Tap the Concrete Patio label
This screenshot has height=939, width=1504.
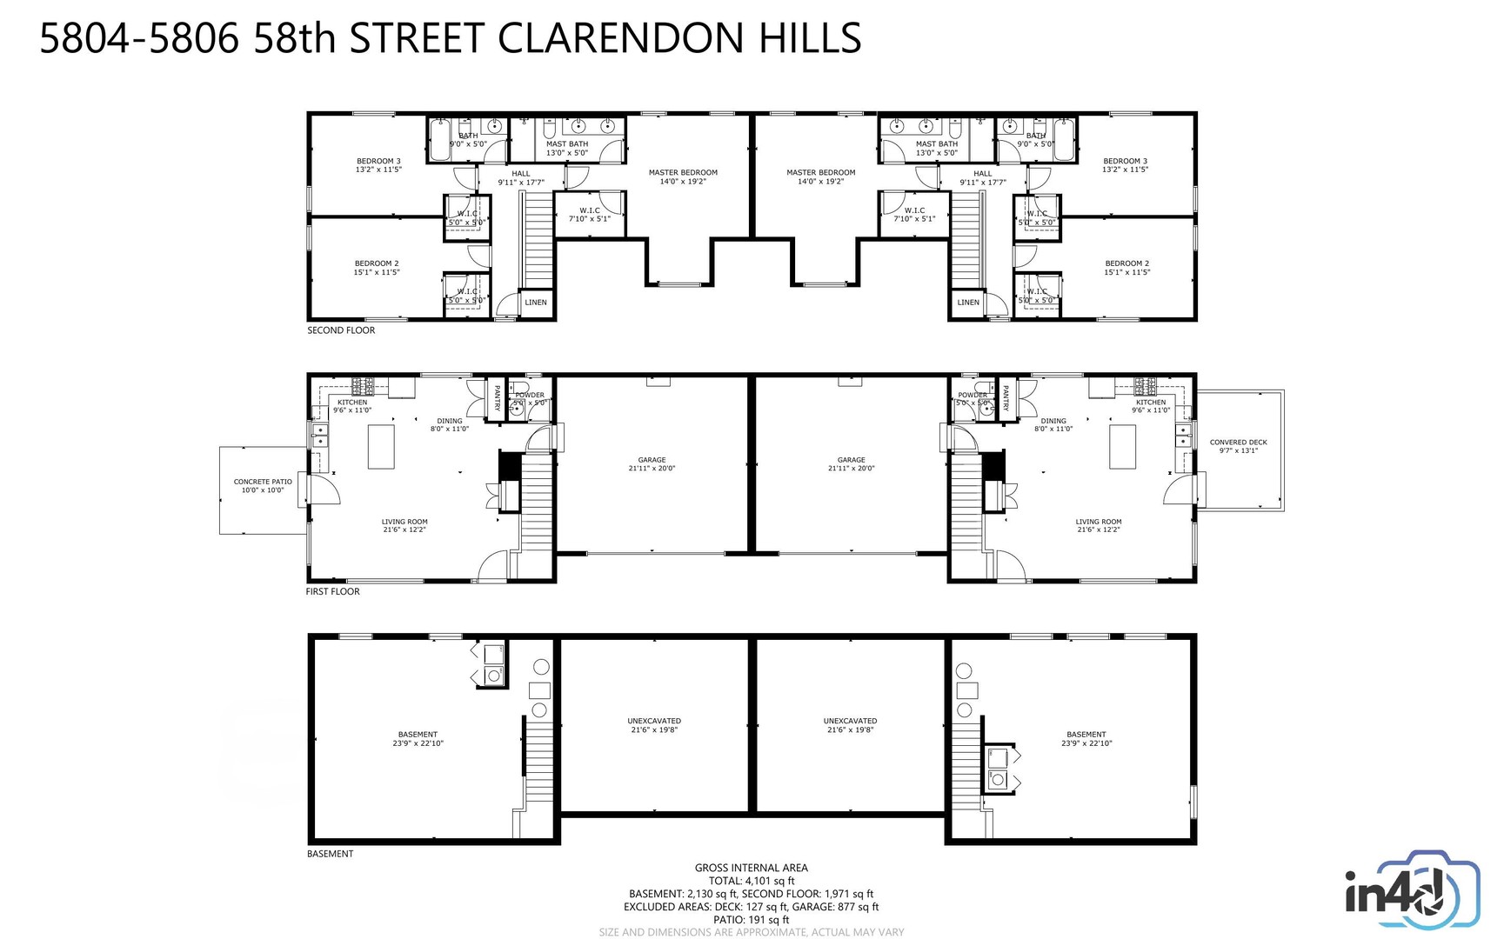click(263, 482)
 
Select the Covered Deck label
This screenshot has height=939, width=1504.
click(1238, 443)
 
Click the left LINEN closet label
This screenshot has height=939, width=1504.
click(536, 303)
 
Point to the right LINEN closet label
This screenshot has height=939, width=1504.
click(968, 303)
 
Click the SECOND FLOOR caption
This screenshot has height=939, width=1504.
click(341, 330)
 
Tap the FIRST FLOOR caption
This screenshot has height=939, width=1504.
click(332, 592)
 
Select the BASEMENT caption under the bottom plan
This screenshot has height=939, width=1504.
click(330, 854)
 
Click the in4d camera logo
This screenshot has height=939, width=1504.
click(1412, 894)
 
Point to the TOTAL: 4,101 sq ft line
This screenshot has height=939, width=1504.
click(751, 881)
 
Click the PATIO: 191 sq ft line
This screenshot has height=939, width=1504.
click(751, 920)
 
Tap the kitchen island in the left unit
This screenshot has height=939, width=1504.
click(381, 446)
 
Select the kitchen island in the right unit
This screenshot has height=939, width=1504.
click(1122, 446)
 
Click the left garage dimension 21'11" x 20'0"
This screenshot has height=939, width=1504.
click(652, 469)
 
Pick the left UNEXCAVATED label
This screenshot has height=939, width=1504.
click(654, 721)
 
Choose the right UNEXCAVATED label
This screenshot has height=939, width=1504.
click(850, 721)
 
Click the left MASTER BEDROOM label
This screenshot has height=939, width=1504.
click(683, 172)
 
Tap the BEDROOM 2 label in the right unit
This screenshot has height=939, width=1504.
click(1126, 263)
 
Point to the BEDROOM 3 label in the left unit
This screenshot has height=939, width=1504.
click(378, 161)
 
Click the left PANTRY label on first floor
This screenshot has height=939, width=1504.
click(497, 398)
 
